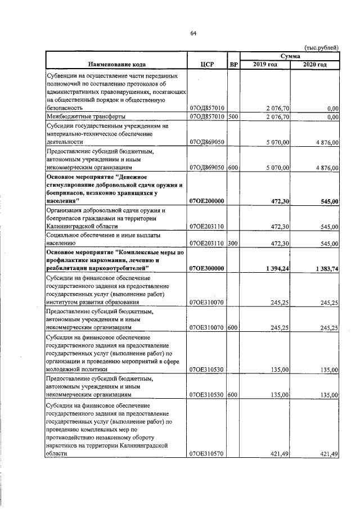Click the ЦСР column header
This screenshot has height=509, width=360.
pos(207,65)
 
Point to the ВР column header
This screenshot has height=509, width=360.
pos(233,65)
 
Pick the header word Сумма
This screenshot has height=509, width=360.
pos(290,56)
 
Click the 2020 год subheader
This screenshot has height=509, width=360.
pos(314,65)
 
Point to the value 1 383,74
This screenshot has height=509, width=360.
pos(323,269)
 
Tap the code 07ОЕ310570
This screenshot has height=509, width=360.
pos(207,454)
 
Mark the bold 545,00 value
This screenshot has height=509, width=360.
pos(328,201)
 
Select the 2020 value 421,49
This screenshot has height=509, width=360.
pos(328,454)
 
